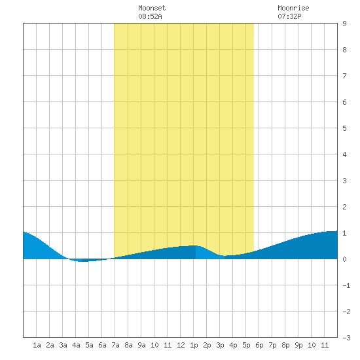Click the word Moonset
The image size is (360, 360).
(152, 8)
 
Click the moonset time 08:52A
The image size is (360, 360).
(150, 16)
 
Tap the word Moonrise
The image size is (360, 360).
(293, 8)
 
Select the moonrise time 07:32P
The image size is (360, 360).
(289, 16)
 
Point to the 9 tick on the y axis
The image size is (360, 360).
(344, 24)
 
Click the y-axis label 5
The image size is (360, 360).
(344, 128)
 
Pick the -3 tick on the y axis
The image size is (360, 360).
(346, 338)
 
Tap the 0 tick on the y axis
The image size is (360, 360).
(344, 259)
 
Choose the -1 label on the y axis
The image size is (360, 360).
(346, 285)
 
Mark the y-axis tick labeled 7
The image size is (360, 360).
(344, 76)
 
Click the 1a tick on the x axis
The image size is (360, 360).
(37, 345)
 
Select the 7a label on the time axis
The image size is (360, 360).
(115, 345)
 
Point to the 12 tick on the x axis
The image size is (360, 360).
(181, 345)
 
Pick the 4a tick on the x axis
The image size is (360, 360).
(76, 345)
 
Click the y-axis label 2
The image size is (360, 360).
(344, 207)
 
